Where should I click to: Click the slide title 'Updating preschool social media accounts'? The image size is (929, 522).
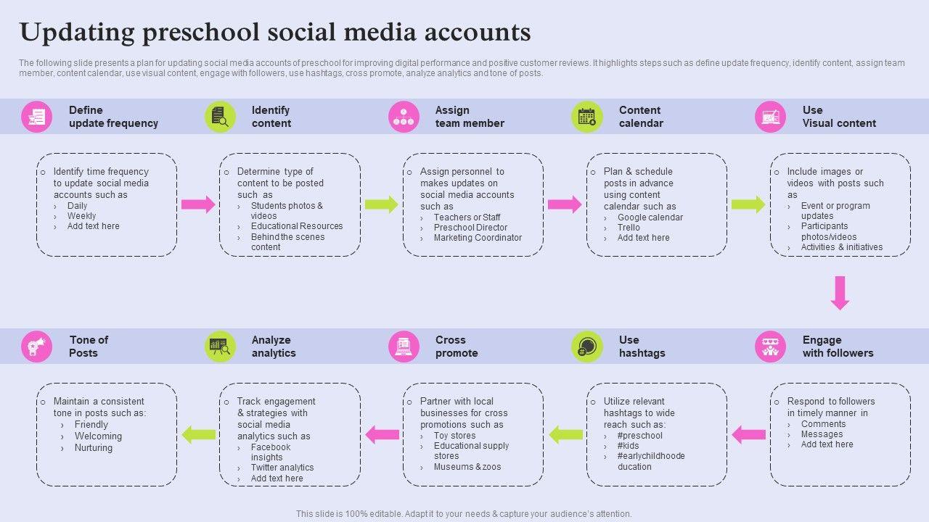coord(275,33)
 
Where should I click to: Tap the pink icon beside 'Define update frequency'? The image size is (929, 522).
coord(36,117)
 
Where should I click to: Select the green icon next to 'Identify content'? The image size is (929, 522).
coord(220,117)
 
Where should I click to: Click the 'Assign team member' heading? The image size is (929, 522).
coord(469,117)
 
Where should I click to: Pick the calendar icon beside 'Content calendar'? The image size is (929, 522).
coord(586,117)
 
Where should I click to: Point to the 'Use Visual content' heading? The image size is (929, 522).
coord(838,117)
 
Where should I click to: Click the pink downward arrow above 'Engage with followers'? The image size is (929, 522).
coord(840,292)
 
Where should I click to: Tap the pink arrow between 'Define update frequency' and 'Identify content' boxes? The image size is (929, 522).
coord(198,204)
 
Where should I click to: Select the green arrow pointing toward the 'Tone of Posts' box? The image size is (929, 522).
coord(198,435)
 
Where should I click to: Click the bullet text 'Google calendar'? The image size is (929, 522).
coord(650,217)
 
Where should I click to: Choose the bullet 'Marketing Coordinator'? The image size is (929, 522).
coord(478,238)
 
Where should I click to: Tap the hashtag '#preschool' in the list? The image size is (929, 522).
coord(639,436)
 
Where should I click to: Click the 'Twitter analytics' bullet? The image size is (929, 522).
coord(282,468)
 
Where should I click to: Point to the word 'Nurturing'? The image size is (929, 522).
coord(94,448)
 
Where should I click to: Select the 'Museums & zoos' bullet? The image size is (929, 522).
coord(467,467)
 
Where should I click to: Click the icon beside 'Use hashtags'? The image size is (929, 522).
coord(586,347)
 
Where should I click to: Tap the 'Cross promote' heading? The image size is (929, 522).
coord(456,347)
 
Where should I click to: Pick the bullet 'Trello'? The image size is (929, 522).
coord(629,228)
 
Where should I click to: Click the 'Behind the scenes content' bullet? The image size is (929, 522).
coord(287,242)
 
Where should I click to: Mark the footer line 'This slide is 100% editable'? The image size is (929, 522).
coord(464,514)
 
